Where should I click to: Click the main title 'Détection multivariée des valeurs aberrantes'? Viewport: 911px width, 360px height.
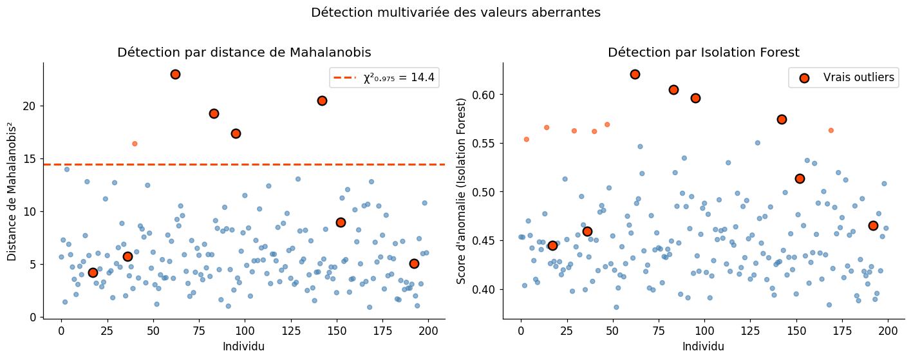455,12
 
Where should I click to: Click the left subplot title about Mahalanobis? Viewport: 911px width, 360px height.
244,52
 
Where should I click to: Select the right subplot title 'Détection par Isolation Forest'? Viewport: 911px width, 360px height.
704,52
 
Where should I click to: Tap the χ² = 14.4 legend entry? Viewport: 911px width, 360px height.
384,78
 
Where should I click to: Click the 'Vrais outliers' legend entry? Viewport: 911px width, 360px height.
843,78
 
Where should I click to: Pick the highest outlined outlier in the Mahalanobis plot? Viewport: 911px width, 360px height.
175,74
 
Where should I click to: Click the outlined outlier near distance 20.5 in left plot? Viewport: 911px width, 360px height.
322,100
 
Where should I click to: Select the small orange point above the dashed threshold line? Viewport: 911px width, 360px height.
135,144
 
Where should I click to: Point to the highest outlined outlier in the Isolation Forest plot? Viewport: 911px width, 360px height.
635,74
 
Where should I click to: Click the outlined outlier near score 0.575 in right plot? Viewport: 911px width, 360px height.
782,119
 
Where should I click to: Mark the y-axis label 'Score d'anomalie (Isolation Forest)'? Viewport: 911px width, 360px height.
461,191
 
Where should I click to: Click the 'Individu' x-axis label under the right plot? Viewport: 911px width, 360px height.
704,346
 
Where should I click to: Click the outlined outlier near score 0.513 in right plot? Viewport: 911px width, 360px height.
800,178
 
